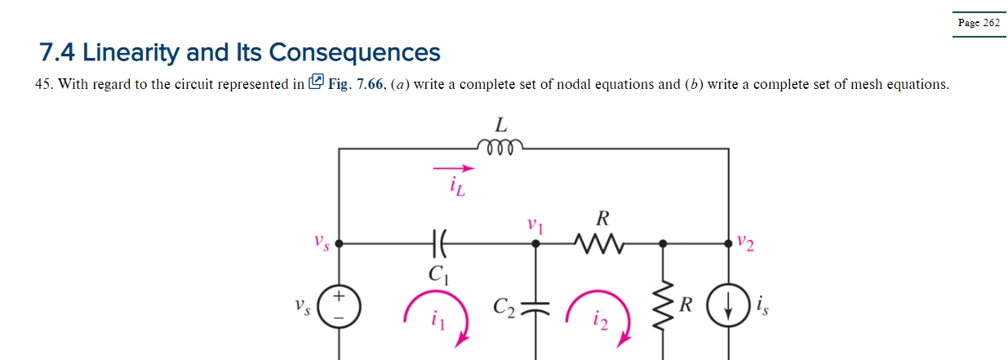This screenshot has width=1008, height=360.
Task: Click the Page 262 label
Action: click(979, 23)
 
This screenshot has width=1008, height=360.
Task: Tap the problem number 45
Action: click(44, 84)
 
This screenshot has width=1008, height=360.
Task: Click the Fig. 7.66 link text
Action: click(356, 84)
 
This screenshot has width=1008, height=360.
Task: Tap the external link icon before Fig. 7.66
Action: click(317, 83)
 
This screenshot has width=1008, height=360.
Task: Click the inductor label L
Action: click(501, 125)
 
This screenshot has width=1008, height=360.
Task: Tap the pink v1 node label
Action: click(535, 224)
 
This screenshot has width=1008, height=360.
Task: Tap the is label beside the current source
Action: click(762, 307)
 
